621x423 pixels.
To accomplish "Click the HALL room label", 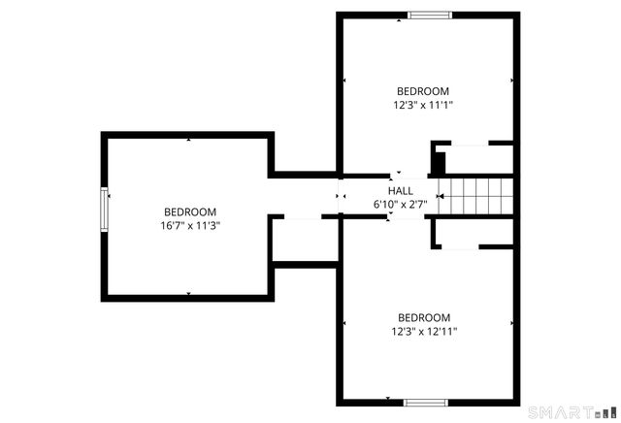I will [401, 191].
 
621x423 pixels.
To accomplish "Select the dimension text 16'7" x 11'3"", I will [190, 225].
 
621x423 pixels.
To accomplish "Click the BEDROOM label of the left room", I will [190, 211].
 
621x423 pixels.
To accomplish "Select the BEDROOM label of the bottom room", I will [425, 317].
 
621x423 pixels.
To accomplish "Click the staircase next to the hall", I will [474, 197].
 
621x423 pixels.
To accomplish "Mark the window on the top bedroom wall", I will [429, 15].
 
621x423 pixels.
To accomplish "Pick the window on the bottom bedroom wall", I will [425, 401].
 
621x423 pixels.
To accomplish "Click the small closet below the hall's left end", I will [304, 240].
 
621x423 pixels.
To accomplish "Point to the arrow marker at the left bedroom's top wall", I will [189, 140].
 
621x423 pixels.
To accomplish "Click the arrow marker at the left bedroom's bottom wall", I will [189, 294].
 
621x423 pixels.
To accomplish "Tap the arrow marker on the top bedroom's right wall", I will [510, 81].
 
